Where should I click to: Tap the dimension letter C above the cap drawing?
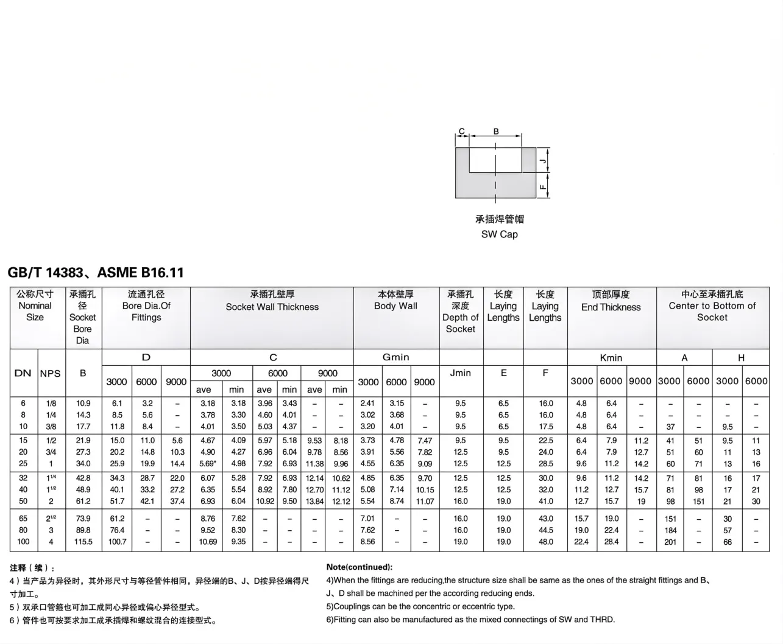[462, 131]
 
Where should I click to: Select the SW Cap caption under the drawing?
[499, 234]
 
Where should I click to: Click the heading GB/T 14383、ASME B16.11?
[96, 273]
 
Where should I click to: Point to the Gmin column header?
[395, 357]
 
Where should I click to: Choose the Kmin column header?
[611, 358]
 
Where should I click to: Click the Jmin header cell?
[460, 373]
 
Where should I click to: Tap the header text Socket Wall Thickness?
[272, 307]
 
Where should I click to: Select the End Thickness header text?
[611, 307]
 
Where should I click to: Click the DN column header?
[23, 373]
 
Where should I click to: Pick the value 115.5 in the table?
[83, 542]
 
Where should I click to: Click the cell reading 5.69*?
[207, 464]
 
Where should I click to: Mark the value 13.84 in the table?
[314, 502]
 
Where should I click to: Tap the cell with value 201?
[670, 542]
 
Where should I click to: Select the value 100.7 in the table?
[117, 542]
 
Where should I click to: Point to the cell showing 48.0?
[545, 542]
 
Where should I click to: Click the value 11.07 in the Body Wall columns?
[425, 502]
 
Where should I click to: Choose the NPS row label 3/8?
[51, 427]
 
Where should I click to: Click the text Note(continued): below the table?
[359, 567]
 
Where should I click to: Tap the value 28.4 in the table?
[611, 542]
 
